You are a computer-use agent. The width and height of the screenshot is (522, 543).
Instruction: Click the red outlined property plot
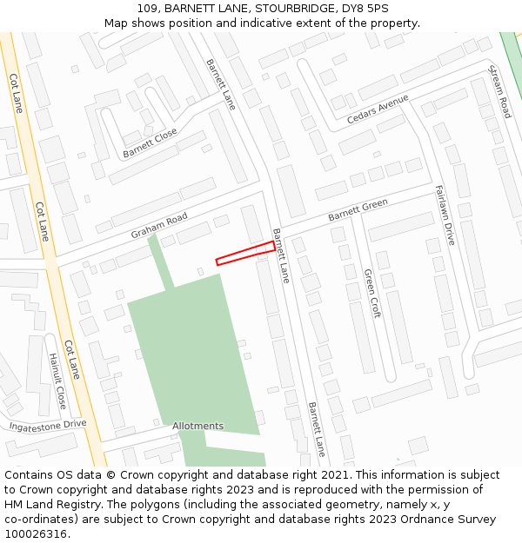(x=245, y=253)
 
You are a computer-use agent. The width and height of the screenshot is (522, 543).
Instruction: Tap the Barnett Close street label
(x=150, y=142)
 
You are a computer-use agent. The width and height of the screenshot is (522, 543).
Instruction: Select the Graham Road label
(x=159, y=226)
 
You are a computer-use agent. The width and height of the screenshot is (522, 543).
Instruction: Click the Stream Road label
(x=499, y=90)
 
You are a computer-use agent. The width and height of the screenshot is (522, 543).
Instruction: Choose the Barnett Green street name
(x=358, y=211)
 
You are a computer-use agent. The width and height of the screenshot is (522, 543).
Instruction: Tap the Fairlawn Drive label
(x=445, y=215)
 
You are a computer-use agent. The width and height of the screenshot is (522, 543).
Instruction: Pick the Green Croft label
(x=371, y=294)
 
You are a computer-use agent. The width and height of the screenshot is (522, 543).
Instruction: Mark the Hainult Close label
(x=57, y=381)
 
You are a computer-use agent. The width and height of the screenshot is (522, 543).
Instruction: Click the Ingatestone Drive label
(x=48, y=425)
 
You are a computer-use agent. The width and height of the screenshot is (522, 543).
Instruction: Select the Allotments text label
(x=197, y=426)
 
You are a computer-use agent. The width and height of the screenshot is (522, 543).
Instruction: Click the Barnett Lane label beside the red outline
(x=281, y=255)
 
